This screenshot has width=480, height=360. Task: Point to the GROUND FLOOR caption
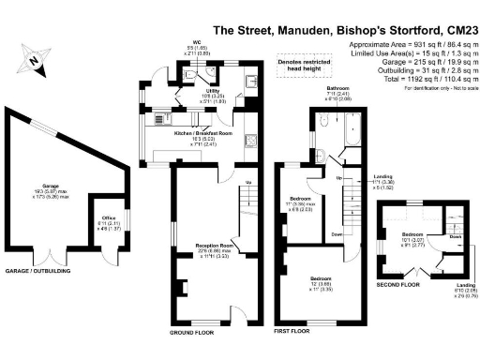193,333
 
